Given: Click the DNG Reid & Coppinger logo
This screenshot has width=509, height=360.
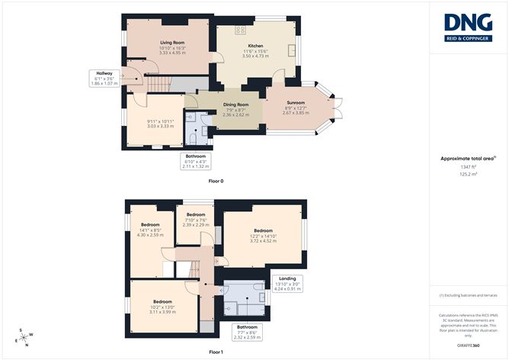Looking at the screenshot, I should (x=467, y=27).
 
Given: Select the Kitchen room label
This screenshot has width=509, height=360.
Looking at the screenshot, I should (x=254, y=46).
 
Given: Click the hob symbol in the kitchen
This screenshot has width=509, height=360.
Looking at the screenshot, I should (x=240, y=30).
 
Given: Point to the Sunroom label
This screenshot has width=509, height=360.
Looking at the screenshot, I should (x=295, y=102).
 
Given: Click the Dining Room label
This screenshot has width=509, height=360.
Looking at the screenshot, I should (x=235, y=104).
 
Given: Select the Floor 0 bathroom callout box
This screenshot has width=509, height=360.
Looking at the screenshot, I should (x=196, y=160).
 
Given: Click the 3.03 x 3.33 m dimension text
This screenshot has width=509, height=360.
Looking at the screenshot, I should (x=161, y=126).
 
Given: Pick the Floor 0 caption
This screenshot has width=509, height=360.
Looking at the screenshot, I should (x=216, y=182).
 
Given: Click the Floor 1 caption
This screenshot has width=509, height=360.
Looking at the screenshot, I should (x=216, y=352).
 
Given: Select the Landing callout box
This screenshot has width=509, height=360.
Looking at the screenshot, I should (x=288, y=284).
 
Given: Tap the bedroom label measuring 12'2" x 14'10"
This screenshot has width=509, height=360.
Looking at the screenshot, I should (x=264, y=230).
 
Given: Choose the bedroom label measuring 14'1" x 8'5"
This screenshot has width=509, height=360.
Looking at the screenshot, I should (x=150, y=225).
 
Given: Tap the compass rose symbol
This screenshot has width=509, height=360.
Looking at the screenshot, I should (x=26, y=336).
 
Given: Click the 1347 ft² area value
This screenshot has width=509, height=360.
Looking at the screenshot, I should (x=467, y=166).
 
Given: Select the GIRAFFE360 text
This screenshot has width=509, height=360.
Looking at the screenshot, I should (x=467, y=344).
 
